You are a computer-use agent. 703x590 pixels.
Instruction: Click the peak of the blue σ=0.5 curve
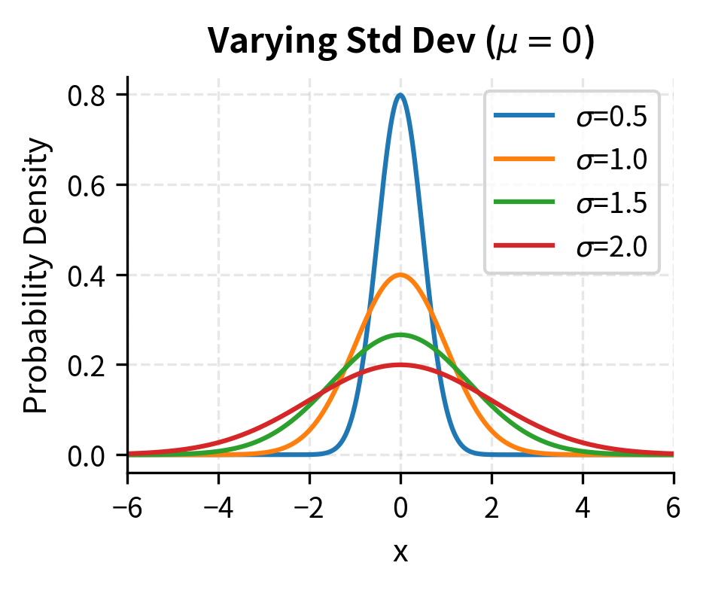click(x=400, y=96)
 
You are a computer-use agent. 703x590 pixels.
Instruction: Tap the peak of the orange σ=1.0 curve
click(x=400, y=275)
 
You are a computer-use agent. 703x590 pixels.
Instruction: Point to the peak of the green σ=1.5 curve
click(x=400, y=335)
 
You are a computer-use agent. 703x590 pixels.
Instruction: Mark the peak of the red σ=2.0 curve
click(x=400, y=365)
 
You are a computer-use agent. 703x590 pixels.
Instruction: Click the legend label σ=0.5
click(x=611, y=117)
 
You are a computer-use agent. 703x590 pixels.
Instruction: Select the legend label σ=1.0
click(x=611, y=160)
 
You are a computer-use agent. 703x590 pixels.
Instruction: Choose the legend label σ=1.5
click(x=611, y=203)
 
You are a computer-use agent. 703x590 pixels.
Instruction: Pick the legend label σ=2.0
click(x=611, y=246)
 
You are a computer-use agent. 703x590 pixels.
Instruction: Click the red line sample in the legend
click(x=524, y=245)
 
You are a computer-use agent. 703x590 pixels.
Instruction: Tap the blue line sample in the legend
click(x=524, y=116)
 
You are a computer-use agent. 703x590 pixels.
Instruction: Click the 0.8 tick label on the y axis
click(x=86, y=96)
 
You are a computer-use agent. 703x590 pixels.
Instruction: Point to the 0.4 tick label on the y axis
click(x=86, y=275)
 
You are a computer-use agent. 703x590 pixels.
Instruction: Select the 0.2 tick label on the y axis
click(x=86, y=366)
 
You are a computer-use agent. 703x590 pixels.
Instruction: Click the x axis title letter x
click(x=400, y=553)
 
